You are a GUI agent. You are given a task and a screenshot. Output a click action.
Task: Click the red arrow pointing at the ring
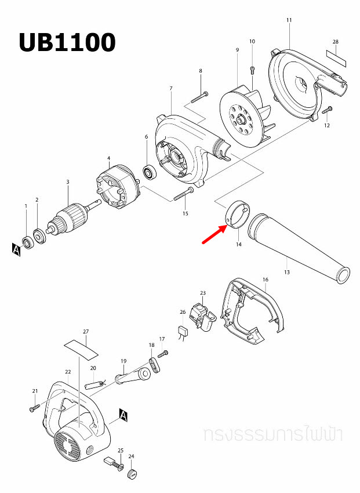214,234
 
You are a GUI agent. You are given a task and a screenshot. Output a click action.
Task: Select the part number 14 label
238,245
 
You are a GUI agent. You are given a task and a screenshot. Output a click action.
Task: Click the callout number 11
289,20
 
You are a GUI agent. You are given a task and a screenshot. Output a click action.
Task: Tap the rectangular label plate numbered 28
336,57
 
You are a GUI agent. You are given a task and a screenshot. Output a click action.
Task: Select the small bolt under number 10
252,70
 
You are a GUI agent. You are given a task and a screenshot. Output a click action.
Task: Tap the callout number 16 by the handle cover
265,280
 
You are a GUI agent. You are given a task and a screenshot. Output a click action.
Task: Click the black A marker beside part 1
16,249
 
